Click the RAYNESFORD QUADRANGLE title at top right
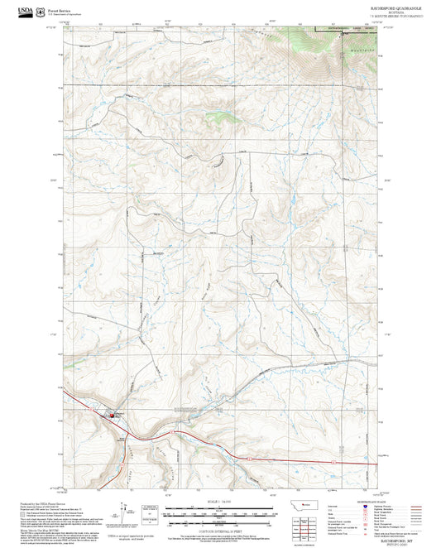point(395,7)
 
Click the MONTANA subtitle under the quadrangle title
point(395,12)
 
